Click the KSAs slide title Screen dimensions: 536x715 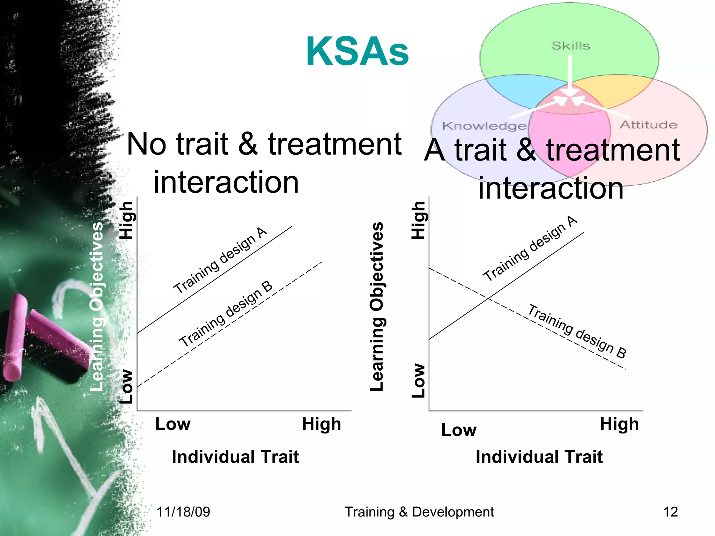point(357,52)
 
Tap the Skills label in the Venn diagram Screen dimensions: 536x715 point(570,46)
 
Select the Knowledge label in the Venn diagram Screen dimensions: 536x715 point(484,126)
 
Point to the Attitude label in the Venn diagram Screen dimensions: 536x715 point(648,125)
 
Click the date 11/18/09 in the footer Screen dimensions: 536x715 point(183,512)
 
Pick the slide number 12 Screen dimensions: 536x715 point(670,512)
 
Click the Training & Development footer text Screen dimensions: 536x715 point(419,512)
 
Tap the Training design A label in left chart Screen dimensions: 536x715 point(220,260)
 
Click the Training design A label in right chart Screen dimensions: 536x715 point(530,248)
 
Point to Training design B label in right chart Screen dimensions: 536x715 point(577,331)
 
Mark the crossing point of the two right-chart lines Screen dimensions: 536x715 point(488,299)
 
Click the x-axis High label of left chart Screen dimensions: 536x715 point(321,424)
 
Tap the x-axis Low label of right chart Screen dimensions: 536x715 point(458,430)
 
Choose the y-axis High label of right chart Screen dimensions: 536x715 point(418,220)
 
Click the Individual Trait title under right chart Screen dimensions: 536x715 point(539,457)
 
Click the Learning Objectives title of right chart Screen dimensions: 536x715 point(377,306)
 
